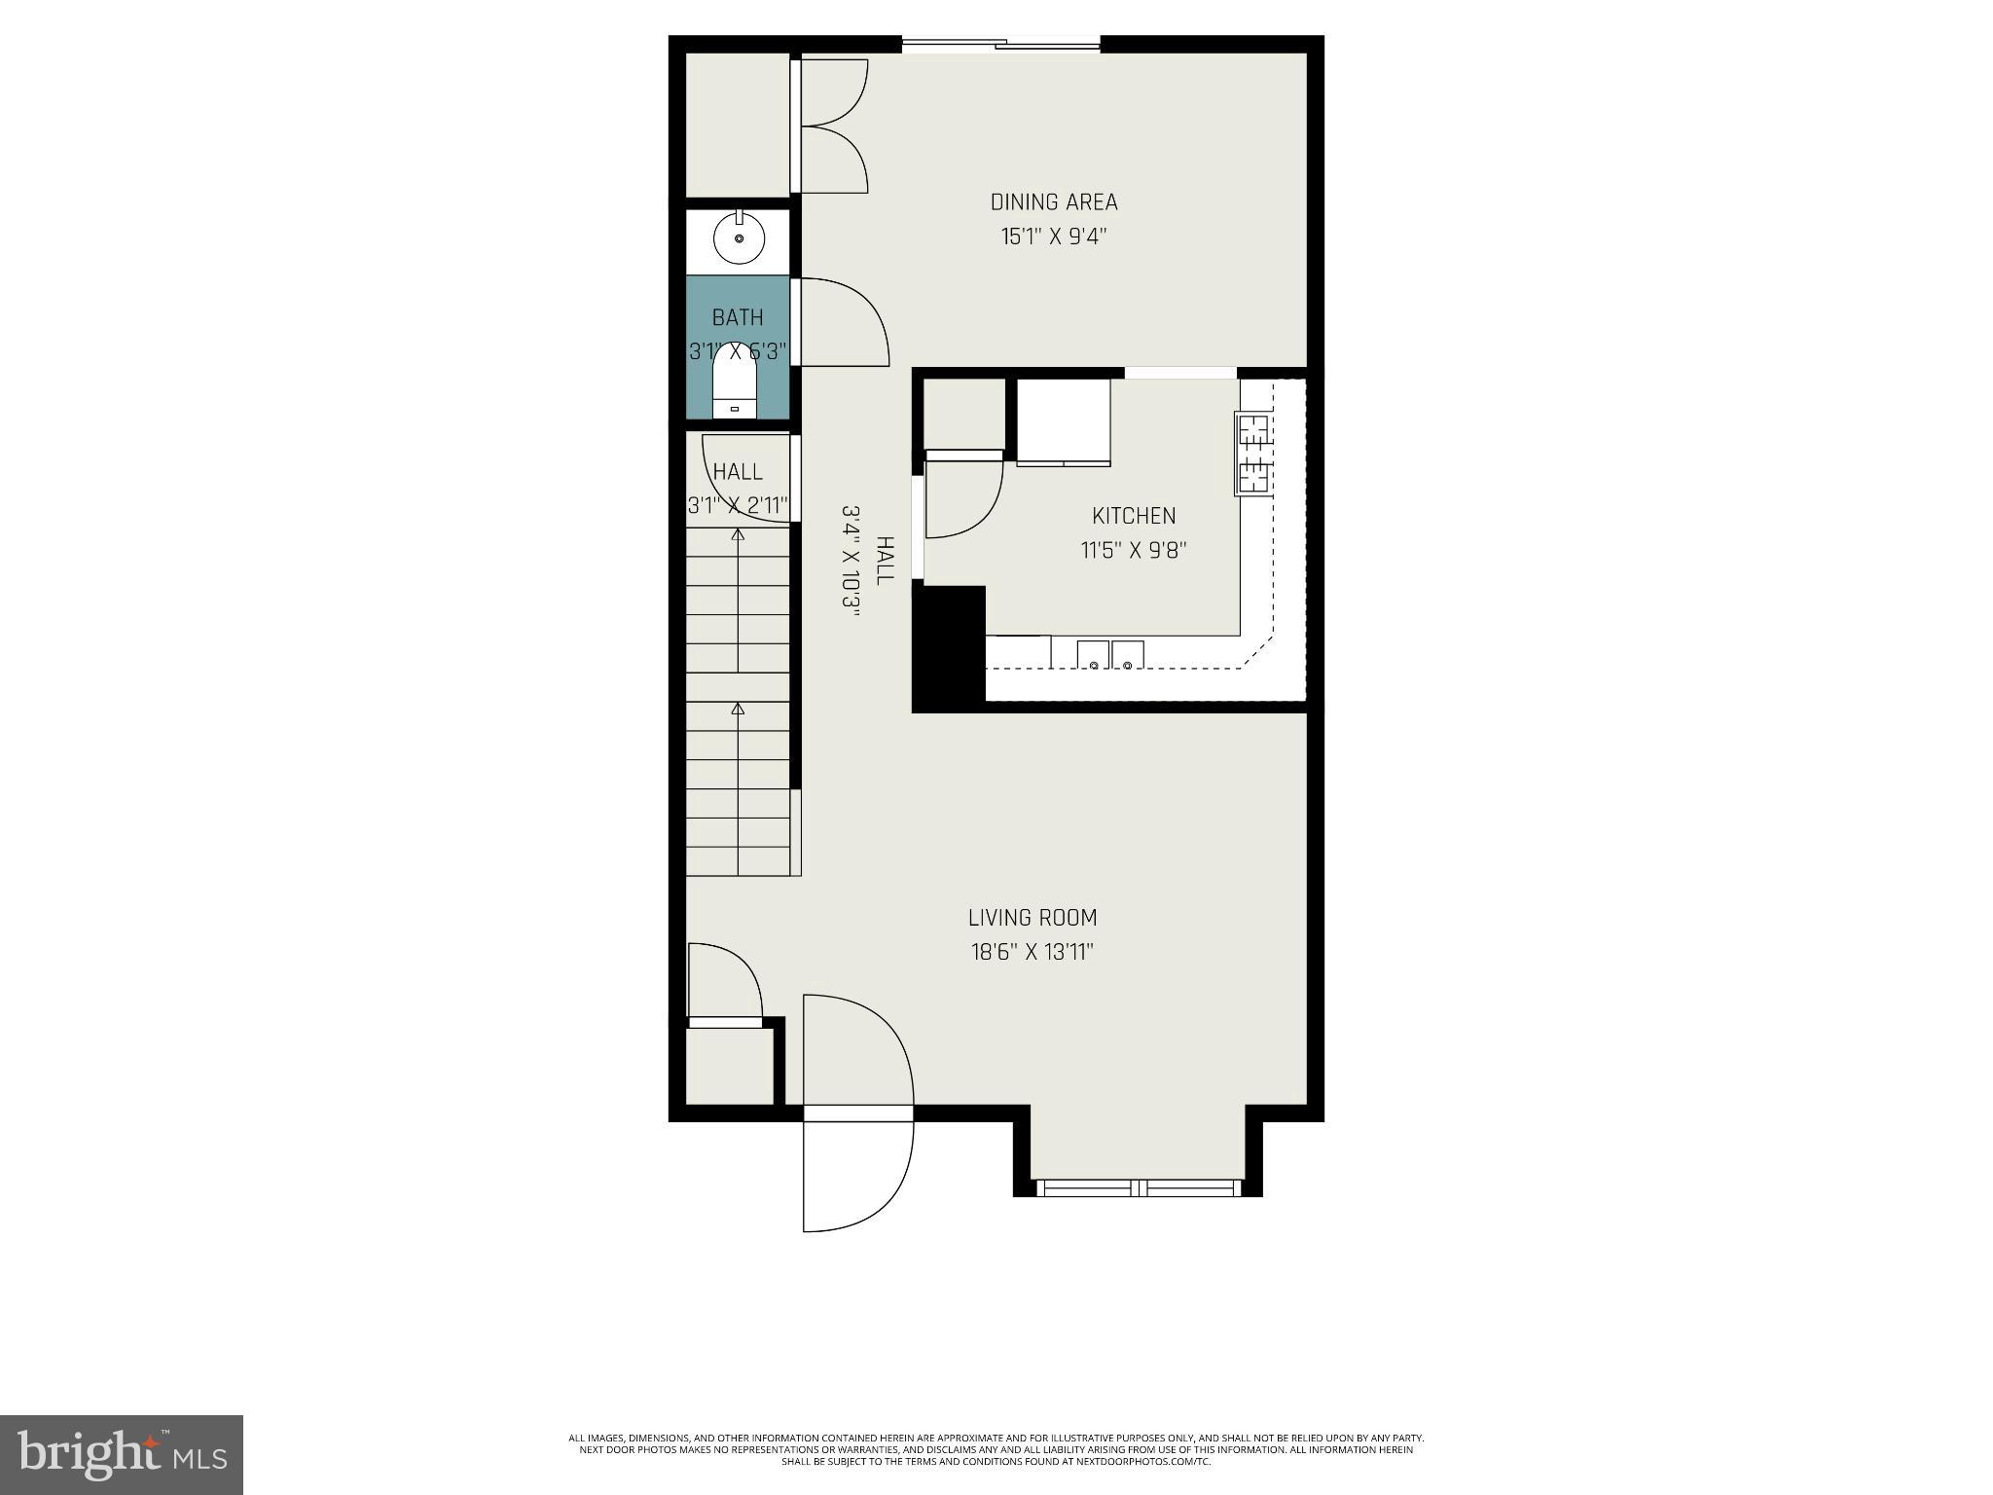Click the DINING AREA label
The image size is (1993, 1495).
[1054, 202]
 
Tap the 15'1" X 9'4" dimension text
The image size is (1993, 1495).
[1054, 237]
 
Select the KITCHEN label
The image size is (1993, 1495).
[1134, 516]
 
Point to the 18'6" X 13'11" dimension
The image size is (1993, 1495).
[1033, 952]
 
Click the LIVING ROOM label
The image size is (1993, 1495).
[1033, 918]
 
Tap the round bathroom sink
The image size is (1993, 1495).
[739, 238]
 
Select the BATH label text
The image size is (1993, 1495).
[738, 317]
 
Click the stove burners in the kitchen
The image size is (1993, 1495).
[1253, 453]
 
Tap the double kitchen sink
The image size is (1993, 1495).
[1110, 655]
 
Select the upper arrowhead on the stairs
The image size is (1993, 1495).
[738, 534]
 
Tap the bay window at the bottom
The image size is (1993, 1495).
[1138, 1187]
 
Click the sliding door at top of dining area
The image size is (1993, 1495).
[1001, 43]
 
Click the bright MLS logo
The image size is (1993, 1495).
[121, 1454]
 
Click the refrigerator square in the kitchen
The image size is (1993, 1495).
[1063, 421]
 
